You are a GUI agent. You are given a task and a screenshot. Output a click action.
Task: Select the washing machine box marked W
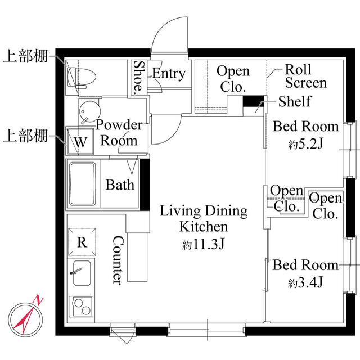coord(80,142)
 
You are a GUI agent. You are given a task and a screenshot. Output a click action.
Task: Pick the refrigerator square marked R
coord(82,242)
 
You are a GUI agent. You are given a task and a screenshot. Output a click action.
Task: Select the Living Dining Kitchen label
coord(204,219)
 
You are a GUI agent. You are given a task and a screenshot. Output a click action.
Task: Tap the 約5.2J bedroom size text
coord(305,145)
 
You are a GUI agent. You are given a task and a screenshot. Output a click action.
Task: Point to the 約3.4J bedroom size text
coord(305,283)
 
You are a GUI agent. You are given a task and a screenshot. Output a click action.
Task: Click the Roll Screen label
coord(305,76)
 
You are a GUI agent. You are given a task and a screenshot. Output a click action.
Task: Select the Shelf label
coord(295,102)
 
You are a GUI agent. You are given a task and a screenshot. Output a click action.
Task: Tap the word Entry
coord(169,74)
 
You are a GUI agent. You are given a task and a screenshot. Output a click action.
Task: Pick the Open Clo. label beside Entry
coord(232,79)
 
